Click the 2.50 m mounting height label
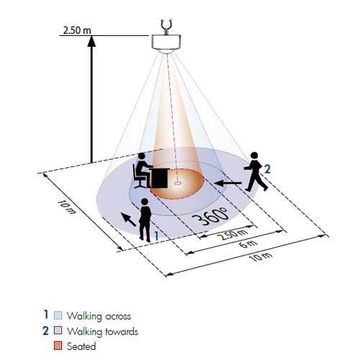(x=77, y=30)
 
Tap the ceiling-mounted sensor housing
(x=166, y=43)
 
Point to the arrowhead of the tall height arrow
(x=91, y=41)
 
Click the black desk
(x=159, y=178)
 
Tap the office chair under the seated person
(x=139, y=178)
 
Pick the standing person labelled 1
(x=145, y=220)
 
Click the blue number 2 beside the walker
(x=267, y=169)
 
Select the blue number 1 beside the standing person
(x=156, y=235)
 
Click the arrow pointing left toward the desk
(x=228, y=183)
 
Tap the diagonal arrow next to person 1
(x=128, y=220)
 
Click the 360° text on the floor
(x=210, y=216)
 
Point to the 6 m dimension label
(x=248, y=244)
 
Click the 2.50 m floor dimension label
(x=233, y=234)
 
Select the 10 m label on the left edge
(x=67, y=207)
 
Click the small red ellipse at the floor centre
(x=177, y=183)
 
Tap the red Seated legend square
(x=58, y=346)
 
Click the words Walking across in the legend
(x=99, y=316)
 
